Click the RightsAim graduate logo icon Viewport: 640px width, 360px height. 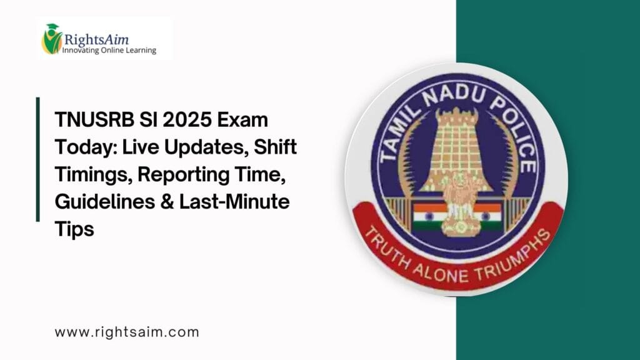click(51, 39)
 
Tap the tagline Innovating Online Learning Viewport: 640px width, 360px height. click(109, 50)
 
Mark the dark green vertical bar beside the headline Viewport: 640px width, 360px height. click(38, 159)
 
